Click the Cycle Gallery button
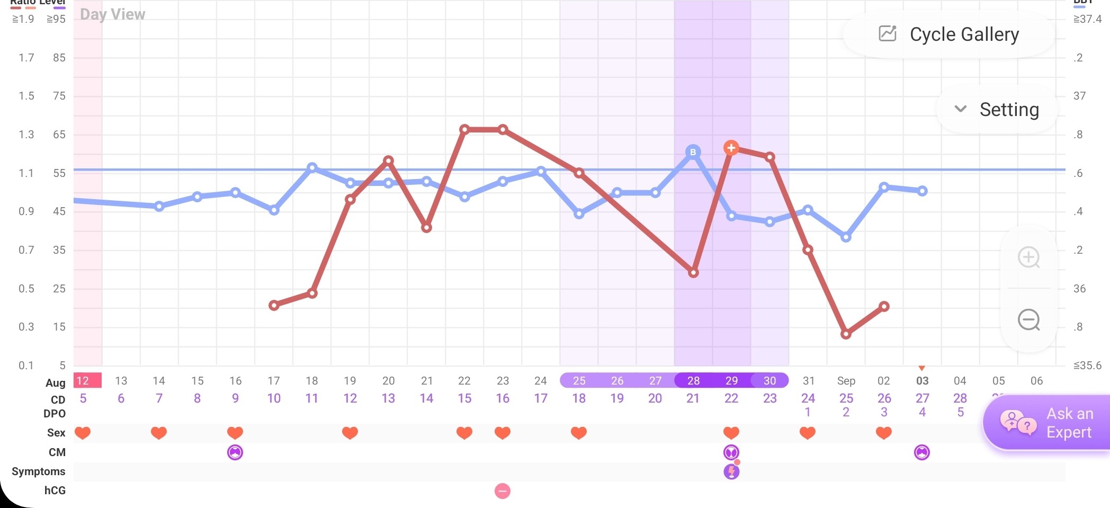pyautogui.click(x=949, y=34)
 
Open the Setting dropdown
pyautogui.click(x=997, y=110)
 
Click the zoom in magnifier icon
pyautogui.click(x=1029, y=257)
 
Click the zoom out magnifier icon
pyautogui.click(x=1029, y=320)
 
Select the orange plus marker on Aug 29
pyautogui.click(x=731, y=148)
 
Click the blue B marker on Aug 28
pyautogui.click(x=693, y=153)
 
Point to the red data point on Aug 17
pyautogui.click(x=274, y=305)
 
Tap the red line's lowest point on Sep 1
pyautogui.click(x=846, y=334)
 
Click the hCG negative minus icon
pyautogui.click(x=503, y=491)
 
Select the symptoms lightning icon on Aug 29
pyautogui.click(x=731, y=471)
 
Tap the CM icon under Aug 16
pyautogui.click(x=235, y=452)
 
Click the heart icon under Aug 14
pyautogui.click(x=159, y=433)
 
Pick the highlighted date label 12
pyautogui.click(x=83, y=380)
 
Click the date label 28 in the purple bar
pyautogui.click(x=693, y=380)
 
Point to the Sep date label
pyautogui.click(x=846, y=380)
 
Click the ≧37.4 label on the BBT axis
pyautogui.click(x=1087, y=19)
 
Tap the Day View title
pyautogui.click(x=112, y=14)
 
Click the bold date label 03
pyautogui.click(x=922, y=380)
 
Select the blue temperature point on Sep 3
pyautogui.click(x=922, y=191)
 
